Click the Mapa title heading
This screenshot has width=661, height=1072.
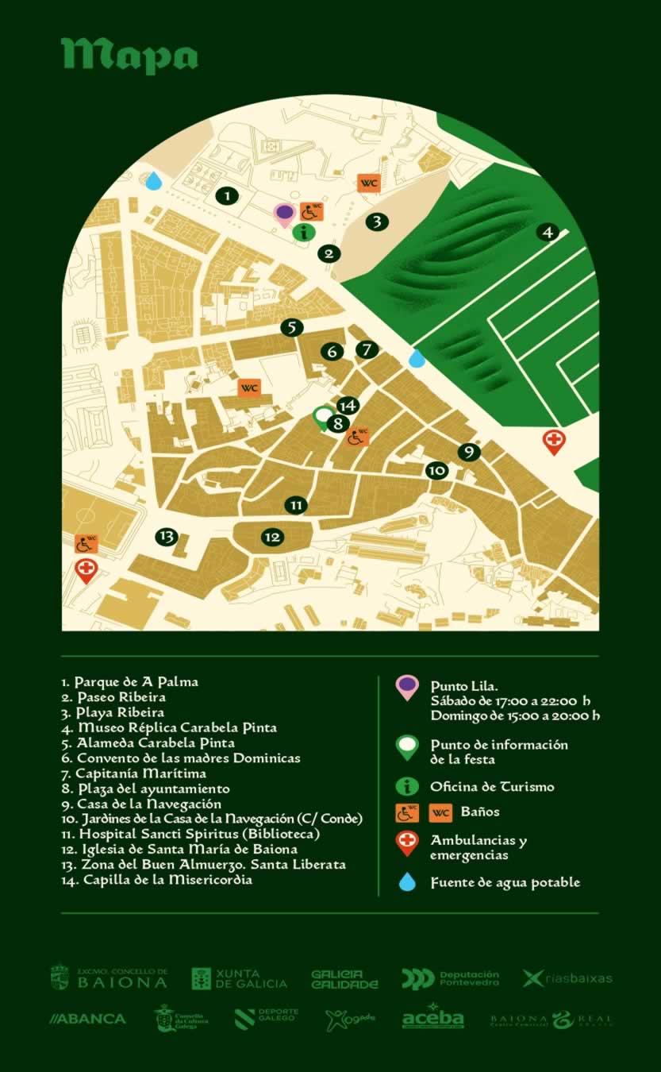pos(129,56)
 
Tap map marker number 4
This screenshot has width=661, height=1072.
pos(547,232)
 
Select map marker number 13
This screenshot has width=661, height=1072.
pos(167,537)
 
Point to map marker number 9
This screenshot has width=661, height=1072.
pos(469,452)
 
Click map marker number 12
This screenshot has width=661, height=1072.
pos(272,538)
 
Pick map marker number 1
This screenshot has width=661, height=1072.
pos(227,195)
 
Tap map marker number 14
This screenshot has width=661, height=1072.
pos(348,406)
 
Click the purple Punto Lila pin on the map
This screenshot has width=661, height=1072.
pos(284,213)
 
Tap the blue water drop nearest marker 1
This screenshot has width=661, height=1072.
pos(153,181)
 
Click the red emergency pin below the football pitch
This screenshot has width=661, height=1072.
pos(86,569)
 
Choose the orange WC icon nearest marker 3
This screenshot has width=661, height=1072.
pos(368,183)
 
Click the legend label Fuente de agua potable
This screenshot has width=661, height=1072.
pos(505,882)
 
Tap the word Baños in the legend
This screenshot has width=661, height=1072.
pos(480,812)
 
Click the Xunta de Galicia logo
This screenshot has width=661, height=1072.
pos(240,978)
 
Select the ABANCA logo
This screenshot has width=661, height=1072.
pos(87,1019)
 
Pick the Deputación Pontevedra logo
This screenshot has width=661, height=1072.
pos(450,978)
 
